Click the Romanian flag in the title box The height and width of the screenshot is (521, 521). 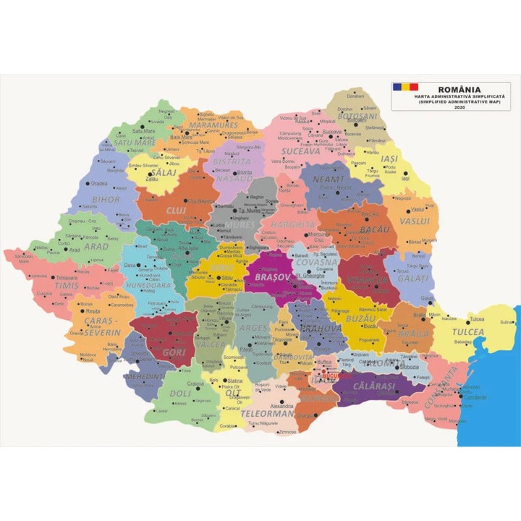pos(401,88)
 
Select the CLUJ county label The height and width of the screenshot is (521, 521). pos(176,210)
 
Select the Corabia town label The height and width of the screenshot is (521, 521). pos(228,426)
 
